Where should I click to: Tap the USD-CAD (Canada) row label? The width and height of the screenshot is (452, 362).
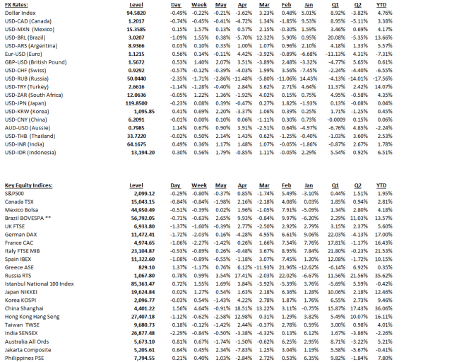(29, 23)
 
